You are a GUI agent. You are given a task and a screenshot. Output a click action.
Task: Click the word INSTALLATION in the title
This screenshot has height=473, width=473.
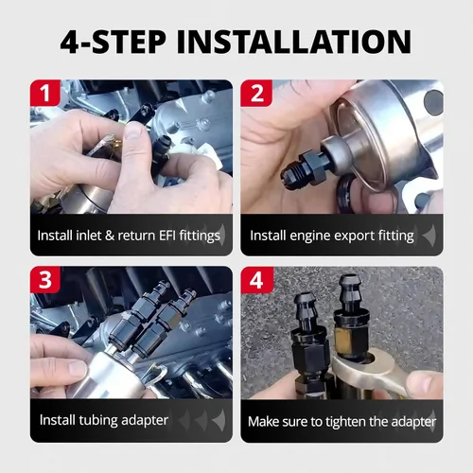pos(294,42)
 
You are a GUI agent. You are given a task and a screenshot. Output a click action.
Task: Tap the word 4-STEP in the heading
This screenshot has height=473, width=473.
pos(113,42)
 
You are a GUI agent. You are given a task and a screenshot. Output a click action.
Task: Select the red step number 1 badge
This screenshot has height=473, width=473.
pos(45,93)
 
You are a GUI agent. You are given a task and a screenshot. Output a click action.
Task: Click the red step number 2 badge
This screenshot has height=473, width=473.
pos(256,93)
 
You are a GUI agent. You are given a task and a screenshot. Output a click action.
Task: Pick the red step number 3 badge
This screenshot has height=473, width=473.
pos(45,279)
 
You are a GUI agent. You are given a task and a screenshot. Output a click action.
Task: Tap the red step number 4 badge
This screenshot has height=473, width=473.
pos(256,280)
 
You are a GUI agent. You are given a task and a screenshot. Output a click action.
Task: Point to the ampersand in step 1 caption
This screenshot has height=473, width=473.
pos(110,236)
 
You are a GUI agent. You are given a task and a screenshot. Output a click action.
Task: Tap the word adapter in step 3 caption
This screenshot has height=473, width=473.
pos(145,421)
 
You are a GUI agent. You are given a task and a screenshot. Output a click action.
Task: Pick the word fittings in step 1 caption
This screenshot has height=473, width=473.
pos(200,236)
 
